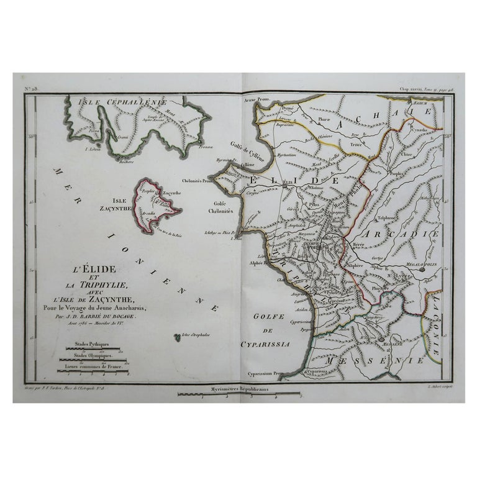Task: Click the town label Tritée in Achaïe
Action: (x=355, y=143)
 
